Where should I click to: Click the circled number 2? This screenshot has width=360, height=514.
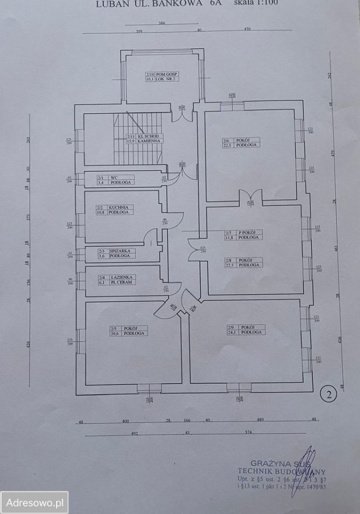coord(327,395)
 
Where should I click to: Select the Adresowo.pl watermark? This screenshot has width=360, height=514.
coord(34,503)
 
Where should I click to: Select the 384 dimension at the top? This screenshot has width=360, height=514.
coord(162,24)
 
